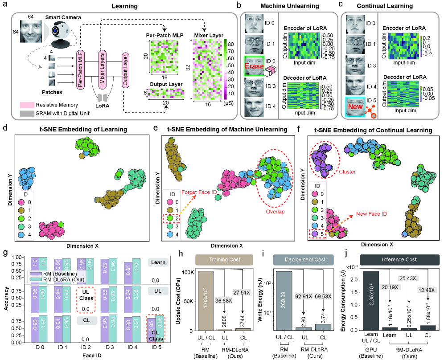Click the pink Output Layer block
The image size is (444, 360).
[126, 64]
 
